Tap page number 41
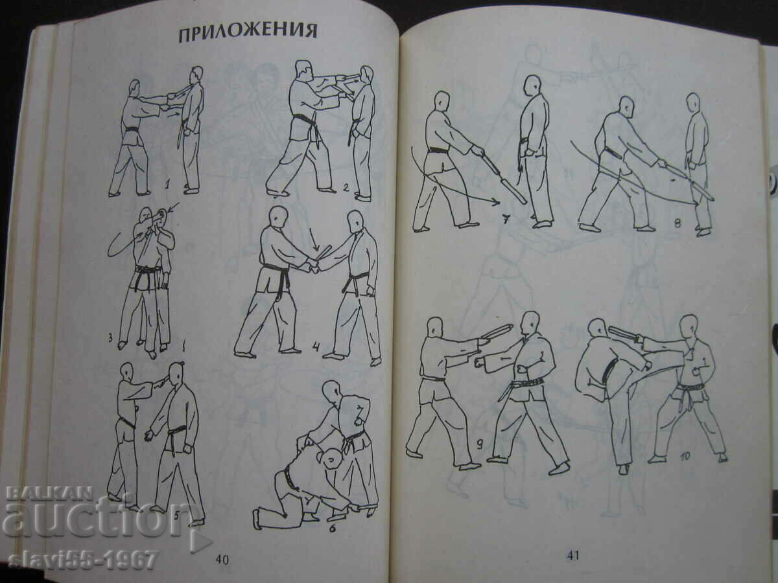(573, 554)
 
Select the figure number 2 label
(346, 189)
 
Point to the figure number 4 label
(316, 346)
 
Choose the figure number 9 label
(479, 444)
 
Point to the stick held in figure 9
(496, 331)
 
